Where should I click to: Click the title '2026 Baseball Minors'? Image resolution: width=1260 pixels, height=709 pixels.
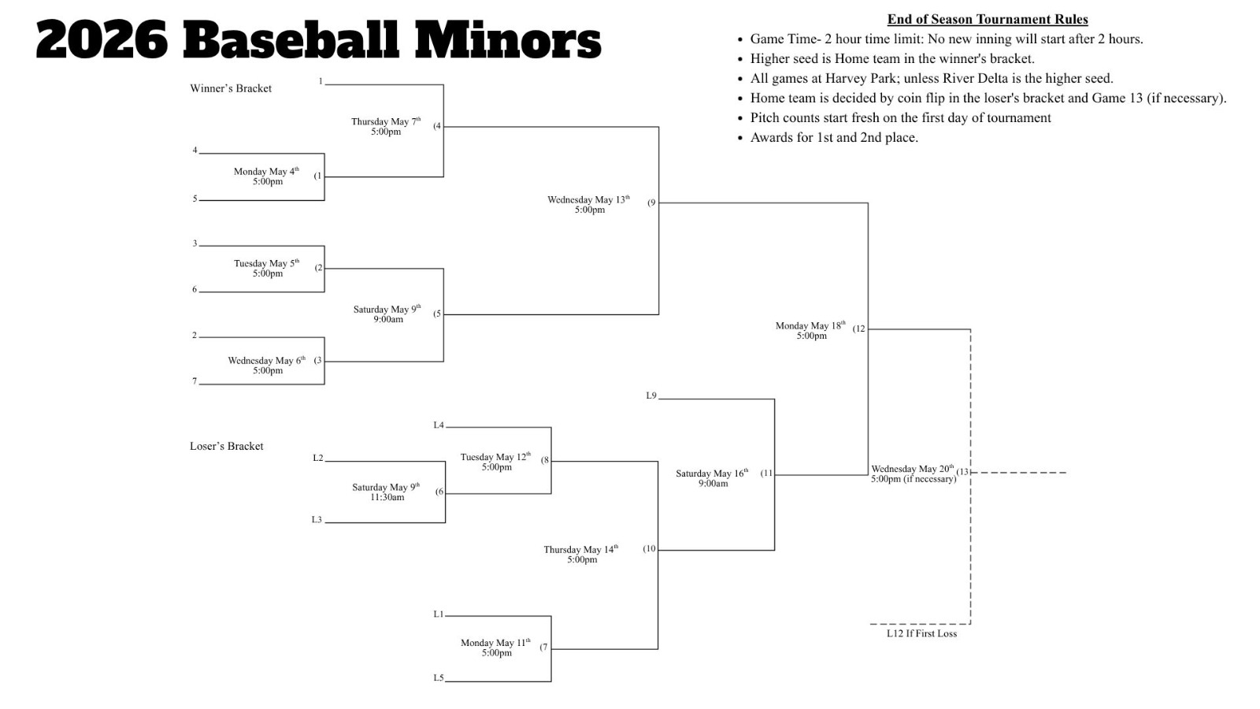(318, 39)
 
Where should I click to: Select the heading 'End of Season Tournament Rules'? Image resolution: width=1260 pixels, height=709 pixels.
(987, 19)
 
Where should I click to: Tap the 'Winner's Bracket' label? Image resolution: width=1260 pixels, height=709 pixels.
(231, 88)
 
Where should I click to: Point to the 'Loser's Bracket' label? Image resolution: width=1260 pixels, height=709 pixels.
(227, 446)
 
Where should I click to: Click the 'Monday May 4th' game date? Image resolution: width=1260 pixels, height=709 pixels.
(267, 172)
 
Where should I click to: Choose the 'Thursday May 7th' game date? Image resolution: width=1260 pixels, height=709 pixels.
(386, 122)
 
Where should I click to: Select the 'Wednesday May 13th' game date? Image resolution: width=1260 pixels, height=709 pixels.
(589, 200)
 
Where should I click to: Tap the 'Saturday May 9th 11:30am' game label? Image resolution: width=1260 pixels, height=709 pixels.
(386, 492)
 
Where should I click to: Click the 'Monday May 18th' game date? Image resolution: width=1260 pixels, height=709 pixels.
(810, 326)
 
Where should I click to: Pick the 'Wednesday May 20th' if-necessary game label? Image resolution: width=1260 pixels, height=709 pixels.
(913, 473)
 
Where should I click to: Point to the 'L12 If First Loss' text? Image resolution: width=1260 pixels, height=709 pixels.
(921, 633)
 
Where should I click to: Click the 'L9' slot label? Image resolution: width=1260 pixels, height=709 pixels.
(650, 395)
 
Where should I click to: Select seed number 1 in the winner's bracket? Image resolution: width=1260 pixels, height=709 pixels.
(321, 81)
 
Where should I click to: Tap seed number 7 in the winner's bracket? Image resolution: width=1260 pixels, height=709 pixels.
(195, 381)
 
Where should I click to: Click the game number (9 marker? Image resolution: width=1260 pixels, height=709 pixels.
(651, 202)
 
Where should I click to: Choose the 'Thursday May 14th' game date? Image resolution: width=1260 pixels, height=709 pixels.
(581, 550)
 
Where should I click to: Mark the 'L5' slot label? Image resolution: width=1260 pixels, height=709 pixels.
(438, 677)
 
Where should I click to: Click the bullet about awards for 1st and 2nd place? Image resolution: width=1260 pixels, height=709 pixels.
(833, 137)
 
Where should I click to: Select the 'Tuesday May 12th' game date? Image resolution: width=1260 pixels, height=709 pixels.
(496, 457)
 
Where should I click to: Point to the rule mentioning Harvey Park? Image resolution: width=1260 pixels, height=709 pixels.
(931, 78)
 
